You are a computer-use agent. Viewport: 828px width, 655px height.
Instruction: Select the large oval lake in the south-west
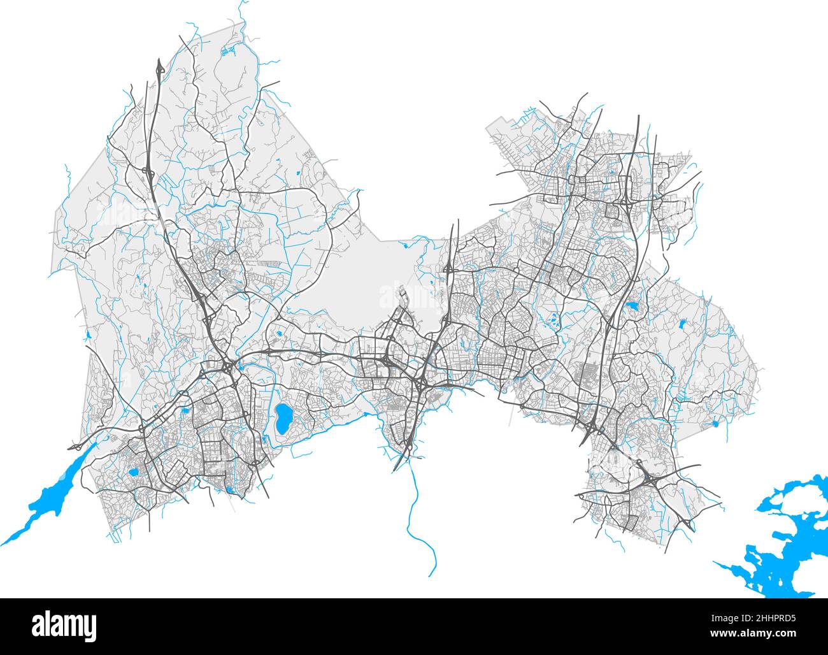[x=283, y=417]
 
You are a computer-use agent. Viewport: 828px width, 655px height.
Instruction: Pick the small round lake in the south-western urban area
[x=133, y=473]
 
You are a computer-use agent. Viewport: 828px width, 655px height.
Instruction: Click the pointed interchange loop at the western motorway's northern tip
[x=159, y=67]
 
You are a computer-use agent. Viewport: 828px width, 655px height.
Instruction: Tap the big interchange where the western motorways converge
[x=226, y=368]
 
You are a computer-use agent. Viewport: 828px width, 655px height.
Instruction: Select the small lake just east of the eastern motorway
[x=634, y=308]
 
